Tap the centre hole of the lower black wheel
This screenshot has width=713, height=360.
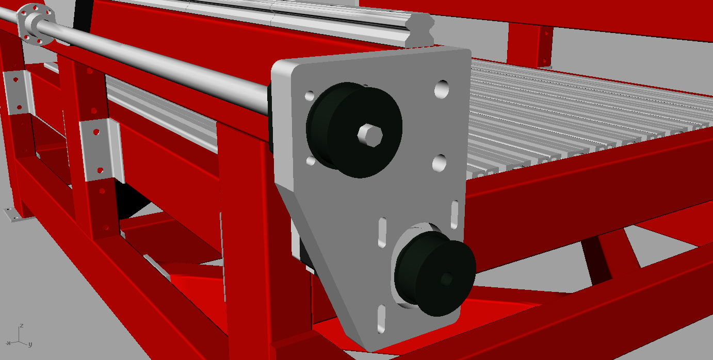446,279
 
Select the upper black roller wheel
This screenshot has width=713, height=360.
354,130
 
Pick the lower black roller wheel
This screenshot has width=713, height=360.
435,274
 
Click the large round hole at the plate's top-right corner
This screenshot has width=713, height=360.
442,89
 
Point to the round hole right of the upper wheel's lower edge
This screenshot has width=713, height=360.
439,163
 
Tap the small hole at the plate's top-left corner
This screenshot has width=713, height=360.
310,96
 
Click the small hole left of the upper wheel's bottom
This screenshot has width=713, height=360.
311,161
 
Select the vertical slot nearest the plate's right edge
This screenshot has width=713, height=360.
455,215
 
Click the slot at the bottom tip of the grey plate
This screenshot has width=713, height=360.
381,319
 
